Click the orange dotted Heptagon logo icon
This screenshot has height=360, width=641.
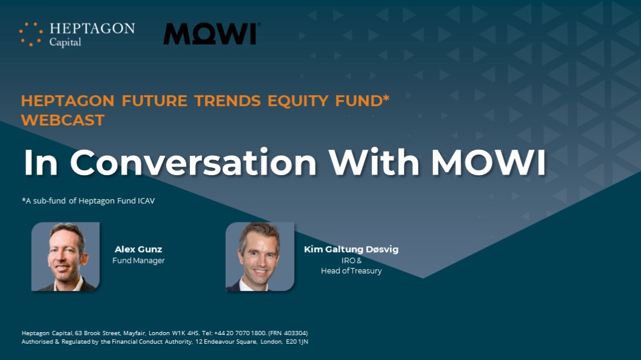tap(31, 34)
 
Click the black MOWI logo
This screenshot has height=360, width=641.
tap(212, 33)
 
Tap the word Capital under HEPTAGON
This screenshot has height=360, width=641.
tap(65, 42)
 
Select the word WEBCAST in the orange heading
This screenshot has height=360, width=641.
tap(63, 120)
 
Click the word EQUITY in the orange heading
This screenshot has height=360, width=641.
tap(298, 101)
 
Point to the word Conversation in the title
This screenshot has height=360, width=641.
tap(193, 162)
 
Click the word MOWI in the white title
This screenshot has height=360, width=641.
tap(489, 162)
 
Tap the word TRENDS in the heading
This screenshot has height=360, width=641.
tap(227, 101)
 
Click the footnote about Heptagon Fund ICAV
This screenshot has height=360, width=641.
tap(89, 201)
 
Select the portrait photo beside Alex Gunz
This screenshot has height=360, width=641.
tap(65, 256)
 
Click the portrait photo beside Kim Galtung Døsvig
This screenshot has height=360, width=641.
tap(260, 256)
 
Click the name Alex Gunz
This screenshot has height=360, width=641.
tap(138, 249)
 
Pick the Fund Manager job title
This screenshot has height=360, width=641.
tap(139, 261)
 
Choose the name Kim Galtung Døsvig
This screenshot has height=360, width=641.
tap(351, 249)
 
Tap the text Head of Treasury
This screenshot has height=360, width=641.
tap(351, 271)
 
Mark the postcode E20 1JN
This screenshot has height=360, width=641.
tap(297, 342)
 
